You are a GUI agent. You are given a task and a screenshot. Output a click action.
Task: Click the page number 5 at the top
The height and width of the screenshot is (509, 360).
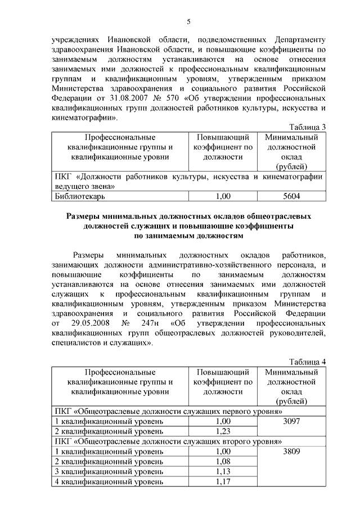tap(188, 21)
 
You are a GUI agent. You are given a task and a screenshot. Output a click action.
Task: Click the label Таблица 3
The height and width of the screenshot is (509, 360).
tap(308, 127)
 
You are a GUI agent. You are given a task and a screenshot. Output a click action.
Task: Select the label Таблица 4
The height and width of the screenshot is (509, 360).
tap(308, 361)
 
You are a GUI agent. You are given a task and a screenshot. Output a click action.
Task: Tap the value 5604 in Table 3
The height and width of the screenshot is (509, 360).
tap(291, 196)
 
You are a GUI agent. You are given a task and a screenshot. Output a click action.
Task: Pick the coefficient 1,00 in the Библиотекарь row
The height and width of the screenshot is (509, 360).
tap(223, 196)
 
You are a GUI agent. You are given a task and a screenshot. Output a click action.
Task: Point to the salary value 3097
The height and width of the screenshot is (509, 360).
tap(291, 421)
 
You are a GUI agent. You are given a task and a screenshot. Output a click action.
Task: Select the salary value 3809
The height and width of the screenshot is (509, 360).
tap(291, 451)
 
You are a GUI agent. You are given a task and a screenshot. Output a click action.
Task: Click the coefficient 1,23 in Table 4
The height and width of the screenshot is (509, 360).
tap(223, 431)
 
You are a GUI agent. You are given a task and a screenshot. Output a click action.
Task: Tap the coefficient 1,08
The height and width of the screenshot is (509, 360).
tap(223, 461)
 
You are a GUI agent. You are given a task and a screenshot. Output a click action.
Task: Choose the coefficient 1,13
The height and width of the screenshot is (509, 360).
tap(223, 471)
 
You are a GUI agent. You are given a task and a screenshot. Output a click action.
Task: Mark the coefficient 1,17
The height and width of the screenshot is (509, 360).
tap(223, 481)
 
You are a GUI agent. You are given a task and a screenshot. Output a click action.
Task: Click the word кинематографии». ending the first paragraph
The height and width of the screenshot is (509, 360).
tap(85, 119)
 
